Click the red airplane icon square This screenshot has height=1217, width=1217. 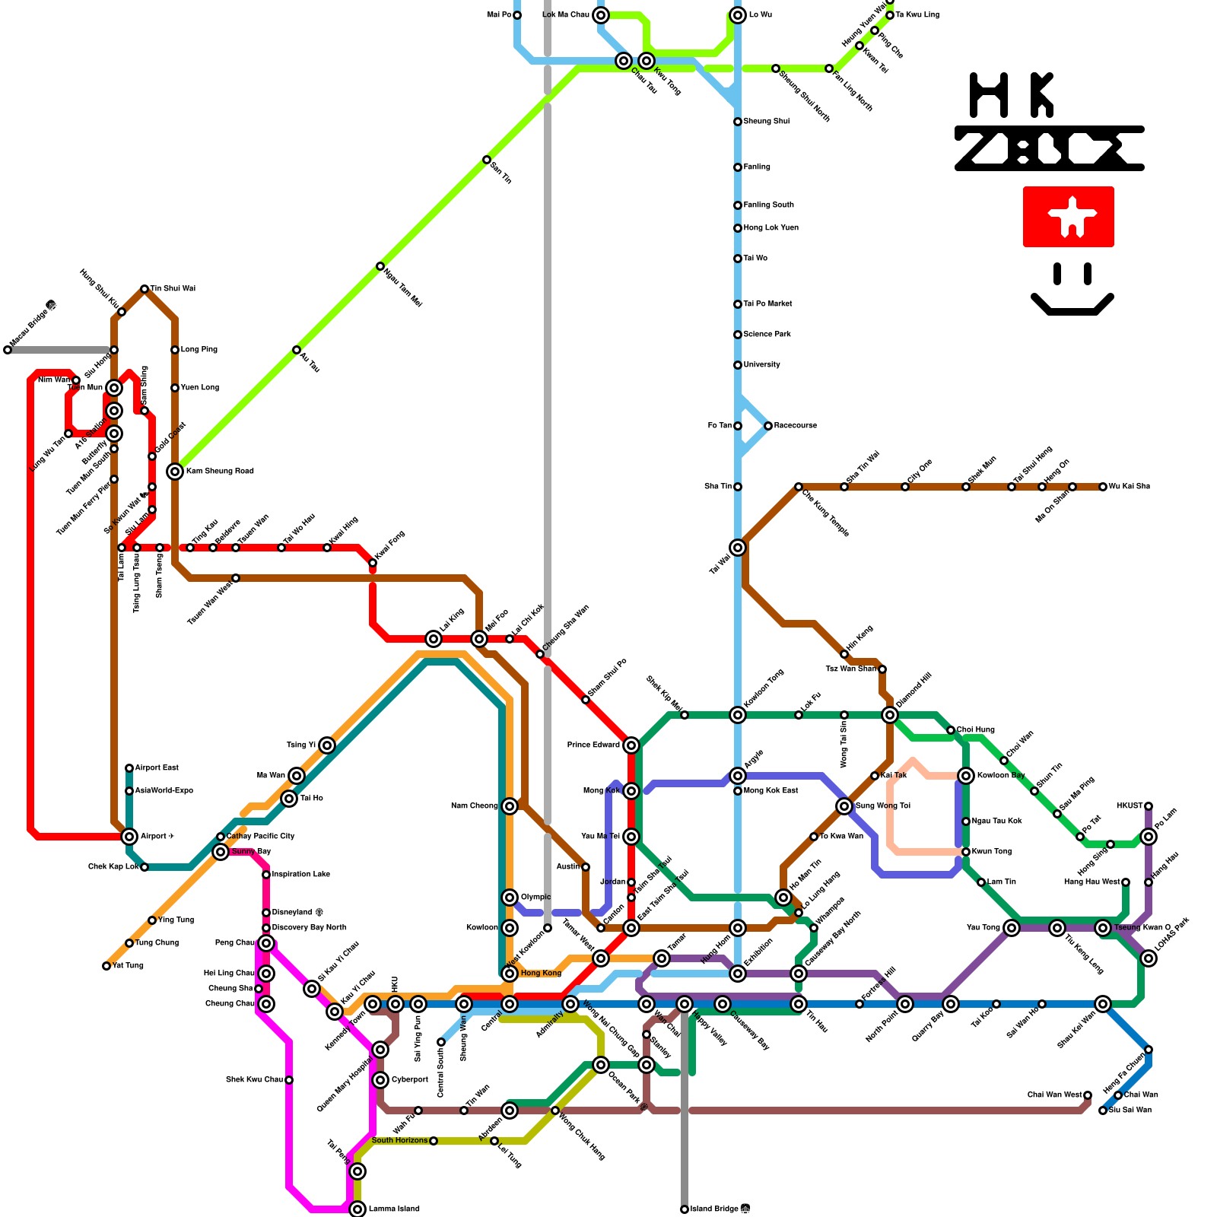(1068, 217)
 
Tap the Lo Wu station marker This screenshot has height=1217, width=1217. (738, 14)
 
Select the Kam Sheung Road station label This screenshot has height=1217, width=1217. (220, 472)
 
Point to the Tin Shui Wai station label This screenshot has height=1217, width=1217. (173, 289)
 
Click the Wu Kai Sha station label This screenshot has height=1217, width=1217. (1130, 487)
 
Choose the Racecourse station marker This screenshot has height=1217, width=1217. (768, 426)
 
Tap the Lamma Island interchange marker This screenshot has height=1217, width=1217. (357, 1209)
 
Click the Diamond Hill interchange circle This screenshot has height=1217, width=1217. (890, 714)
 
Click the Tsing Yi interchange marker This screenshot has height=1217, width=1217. (327, 745)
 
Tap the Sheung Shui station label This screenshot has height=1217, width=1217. (766, 122)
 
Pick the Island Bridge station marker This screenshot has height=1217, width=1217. (685, 1209)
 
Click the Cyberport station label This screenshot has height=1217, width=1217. (410, 1080)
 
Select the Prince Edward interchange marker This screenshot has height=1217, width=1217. (631, 745)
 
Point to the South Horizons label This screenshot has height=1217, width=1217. (399, 1141)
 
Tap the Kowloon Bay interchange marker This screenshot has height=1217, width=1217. (966, 775)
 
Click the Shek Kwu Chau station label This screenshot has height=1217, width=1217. (255, 1080)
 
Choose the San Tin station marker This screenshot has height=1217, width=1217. (487, 160)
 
